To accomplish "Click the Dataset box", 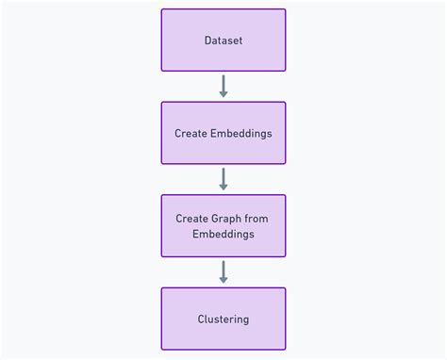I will click(x=223, y=41).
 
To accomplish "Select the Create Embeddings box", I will click(x=223, y=133).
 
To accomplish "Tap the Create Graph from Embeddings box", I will click(x=223, y=225).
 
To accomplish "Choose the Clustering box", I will click(x=223, y=319).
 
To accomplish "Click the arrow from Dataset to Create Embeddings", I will click(x=223, y=86).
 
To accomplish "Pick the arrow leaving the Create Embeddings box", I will click(x=223, y=178).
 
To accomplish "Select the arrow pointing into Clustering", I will click(x=223, y=271).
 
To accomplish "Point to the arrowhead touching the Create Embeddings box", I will click(x=223, y=94).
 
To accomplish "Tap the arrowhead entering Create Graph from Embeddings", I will click(x=223, y=187).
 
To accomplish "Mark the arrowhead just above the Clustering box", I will click(x=223, y=280).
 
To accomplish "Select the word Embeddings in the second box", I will click(x=240, y=134).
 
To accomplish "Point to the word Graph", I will click(x=227, y=219).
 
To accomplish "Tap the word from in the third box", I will click(x=257, y=219).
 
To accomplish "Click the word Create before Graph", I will click(x=191, y=219).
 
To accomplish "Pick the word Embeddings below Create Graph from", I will click(x=223, y=234).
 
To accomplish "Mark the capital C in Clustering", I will click(x=202, y=319).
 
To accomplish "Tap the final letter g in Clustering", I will click(x=245, y=320).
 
